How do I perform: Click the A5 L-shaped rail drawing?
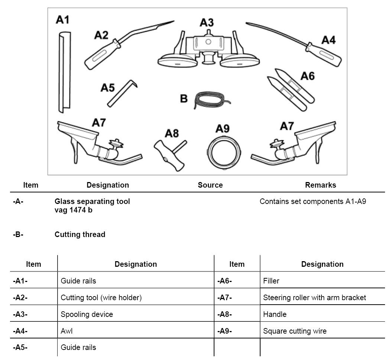(x=121, y=93)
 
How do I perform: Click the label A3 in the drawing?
(x=207, y=23)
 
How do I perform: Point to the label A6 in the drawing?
(x=307, y=76)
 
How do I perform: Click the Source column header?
(x=210, y=185)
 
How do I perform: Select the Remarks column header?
(x=320, y=185)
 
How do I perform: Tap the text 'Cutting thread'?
(x=80, y=234)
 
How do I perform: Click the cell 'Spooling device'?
(x=87, y=314)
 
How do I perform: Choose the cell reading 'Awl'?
(x=67, y=331)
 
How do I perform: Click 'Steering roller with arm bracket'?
(x=314, y=298)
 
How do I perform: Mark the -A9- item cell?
(x=224, y=331)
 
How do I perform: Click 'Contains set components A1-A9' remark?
(x=313, y=201)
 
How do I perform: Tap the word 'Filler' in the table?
(x=271, y=281)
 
